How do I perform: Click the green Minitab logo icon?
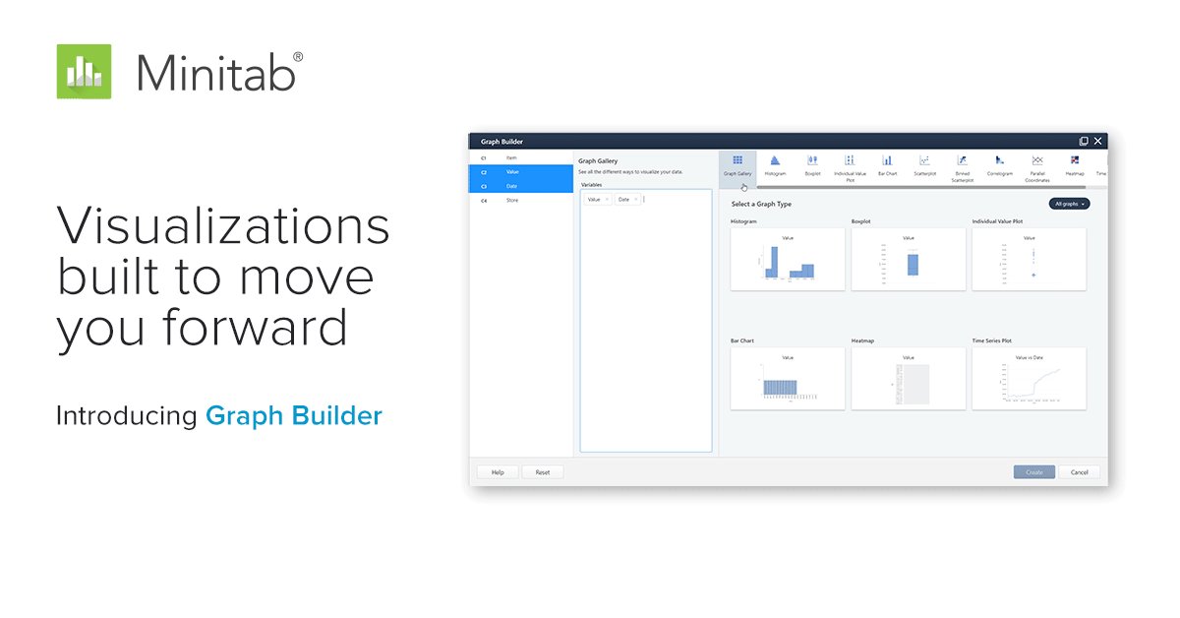(x=84, y=71)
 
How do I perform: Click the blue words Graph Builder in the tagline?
(x=293, y=415)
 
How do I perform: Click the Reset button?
(x=543, y=472)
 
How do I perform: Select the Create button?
(x=1034, y=472)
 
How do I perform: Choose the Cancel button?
(x=1079, y=472)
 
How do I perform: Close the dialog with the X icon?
(x=1098, y=141)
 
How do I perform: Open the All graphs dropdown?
(x=1069, y=204)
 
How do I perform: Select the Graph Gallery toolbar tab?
(x=737, y=165)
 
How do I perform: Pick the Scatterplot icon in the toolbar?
(x=924, y=164)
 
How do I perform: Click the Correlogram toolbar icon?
(x=999, y=164)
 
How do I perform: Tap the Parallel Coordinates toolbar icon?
(x=1037, y=165)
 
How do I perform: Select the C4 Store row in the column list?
(x=521, y=201)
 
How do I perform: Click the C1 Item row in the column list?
(x=521, y=157)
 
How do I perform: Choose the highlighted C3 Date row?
(x=521, y=186)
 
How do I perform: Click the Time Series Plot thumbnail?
(x=1029, y=379)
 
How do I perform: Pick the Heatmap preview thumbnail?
(x=908, y=379)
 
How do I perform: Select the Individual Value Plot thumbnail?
(x=1029, y=260)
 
